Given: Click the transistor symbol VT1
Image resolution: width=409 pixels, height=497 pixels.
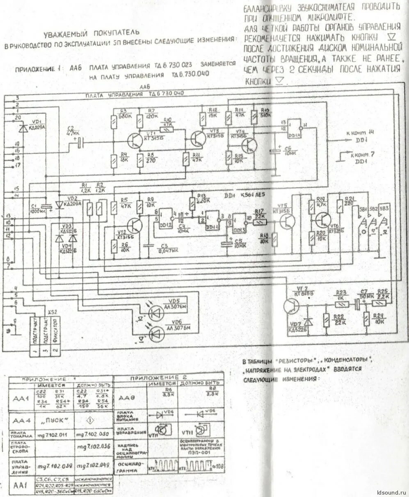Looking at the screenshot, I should point(135,141).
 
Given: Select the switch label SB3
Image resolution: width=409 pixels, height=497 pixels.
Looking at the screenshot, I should point(384,208).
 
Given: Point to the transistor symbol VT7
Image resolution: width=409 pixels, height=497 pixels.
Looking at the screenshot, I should point(292,306).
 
